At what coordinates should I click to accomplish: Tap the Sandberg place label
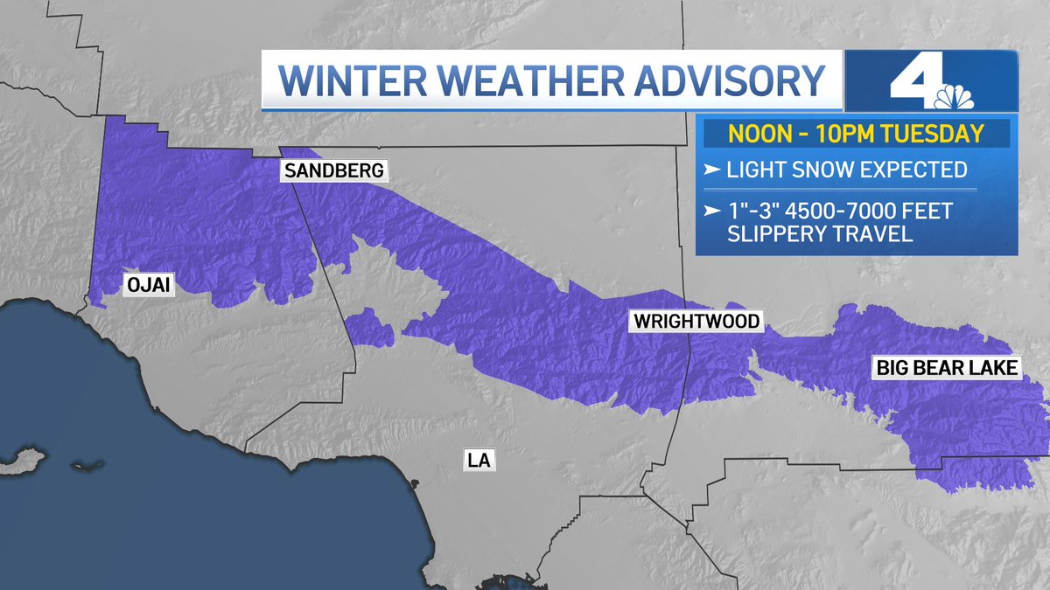[x=333, y=171]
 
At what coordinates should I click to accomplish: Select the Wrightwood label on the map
[x=696, y=323]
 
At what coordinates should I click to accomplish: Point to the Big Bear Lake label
[x=948, y=368]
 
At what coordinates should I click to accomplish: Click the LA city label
[x=479, y=460]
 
